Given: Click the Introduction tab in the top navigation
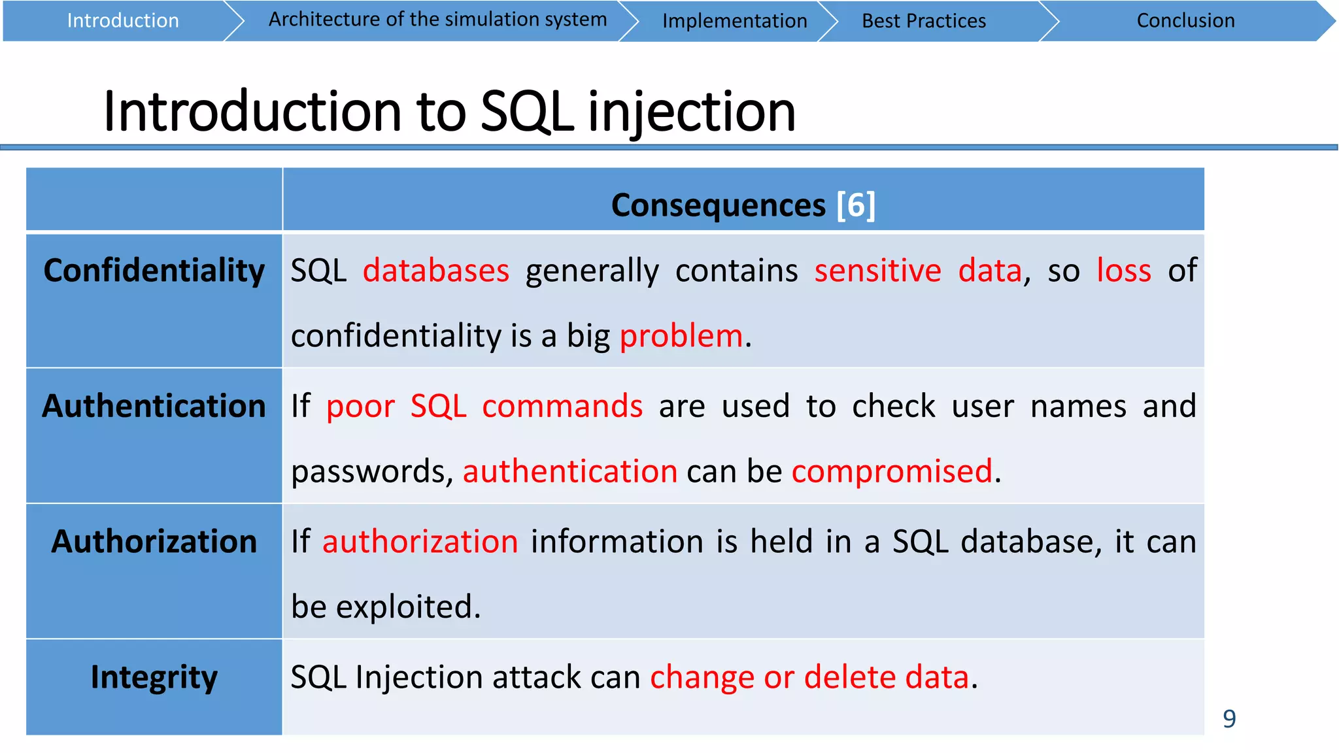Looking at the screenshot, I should coord(122,21).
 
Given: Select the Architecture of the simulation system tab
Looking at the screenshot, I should coord(437,20).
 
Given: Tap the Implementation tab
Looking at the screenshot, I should coord(734,21).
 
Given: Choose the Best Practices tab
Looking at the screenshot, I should coord(923,21).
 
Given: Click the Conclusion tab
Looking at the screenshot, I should coord(1185,21).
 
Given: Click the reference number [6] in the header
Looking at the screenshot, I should coord(855,205).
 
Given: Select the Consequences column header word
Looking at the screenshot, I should coord(718,205).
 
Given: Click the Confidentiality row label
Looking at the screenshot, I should coord(154,271).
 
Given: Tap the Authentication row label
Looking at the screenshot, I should coord(154,406).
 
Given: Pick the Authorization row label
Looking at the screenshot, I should coord(154,541).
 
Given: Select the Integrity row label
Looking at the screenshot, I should coord(154,677).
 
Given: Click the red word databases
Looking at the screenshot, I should coord(435,271).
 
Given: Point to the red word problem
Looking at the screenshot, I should coord(681,336).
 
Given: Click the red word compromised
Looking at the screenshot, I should coord(892,471).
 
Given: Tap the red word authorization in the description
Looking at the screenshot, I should coord(420,541).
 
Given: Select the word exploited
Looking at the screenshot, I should coord(408,607).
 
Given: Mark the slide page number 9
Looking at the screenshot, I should coord(1229,719).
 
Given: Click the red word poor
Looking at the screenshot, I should coord(360,407).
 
